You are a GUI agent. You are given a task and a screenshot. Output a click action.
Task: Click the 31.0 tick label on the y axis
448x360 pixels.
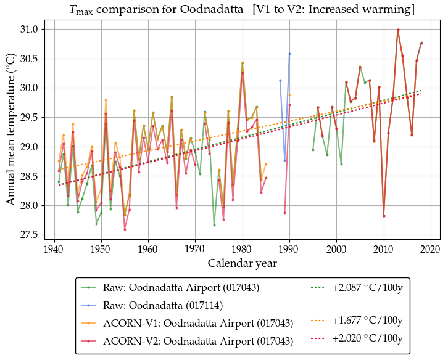(x=28, y=30)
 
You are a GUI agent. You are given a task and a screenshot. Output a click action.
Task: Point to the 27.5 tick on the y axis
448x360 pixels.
(x=28, y=235)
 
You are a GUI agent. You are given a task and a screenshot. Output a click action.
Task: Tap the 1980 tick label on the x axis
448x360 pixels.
(x=243, y=249)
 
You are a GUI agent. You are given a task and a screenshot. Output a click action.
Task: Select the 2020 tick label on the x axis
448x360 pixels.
(x=431, y=249)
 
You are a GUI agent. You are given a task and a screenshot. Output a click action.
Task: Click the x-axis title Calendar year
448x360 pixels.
(x=242, y=263)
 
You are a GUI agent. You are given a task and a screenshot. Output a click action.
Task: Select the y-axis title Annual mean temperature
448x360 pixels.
(x=11, y=133)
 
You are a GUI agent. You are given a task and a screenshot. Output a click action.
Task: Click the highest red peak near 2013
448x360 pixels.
(x=398, y=30)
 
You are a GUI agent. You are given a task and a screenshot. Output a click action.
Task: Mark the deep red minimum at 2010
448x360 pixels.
(x=384, y=216)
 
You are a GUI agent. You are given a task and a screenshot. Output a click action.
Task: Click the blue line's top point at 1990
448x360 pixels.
(x=289, y=54)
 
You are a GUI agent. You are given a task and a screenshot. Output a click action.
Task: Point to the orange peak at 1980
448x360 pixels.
(x=243, y=62)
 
